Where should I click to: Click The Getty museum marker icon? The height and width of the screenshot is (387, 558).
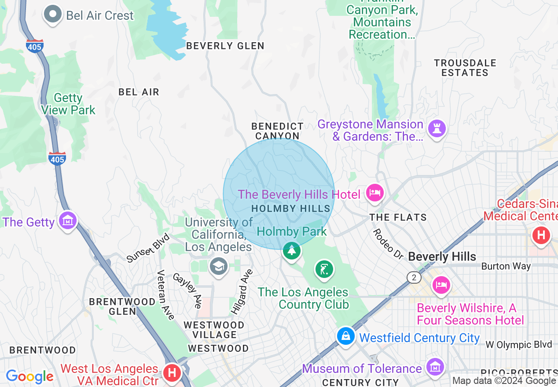click(68, 220)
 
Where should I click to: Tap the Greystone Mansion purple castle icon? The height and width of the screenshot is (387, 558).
click(437, 128)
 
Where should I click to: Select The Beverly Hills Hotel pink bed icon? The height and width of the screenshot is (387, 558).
click(374, 193)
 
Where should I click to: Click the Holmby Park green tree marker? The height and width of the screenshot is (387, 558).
click(291, 251)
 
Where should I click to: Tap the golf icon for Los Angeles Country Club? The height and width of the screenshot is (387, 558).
click(324, 269)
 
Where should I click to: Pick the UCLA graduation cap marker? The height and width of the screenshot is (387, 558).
click(218, 266)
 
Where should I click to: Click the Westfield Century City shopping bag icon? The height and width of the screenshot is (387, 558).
click(346, 336)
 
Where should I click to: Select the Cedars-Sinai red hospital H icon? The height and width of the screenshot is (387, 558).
click(541, 235)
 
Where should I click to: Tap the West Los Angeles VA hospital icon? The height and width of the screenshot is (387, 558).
click(172, 373)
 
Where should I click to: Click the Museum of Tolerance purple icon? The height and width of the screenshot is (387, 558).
click(435, 366)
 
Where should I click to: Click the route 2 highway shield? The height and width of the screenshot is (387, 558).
click(414, 277)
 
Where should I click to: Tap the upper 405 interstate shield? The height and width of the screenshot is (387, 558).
click(35, 46)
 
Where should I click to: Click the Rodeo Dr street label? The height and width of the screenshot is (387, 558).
click(388, 244)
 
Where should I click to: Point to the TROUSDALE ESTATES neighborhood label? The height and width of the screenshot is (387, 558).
click(465, 68)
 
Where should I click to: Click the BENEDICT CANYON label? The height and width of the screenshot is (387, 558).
click(277, 131)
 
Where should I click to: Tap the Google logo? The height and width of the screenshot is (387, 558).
click(29, 376)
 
